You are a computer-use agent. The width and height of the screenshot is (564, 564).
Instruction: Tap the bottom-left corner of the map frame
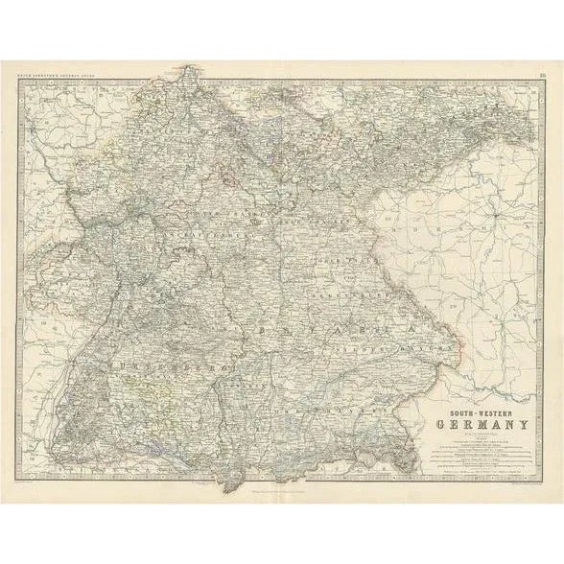tap(17, 486)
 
